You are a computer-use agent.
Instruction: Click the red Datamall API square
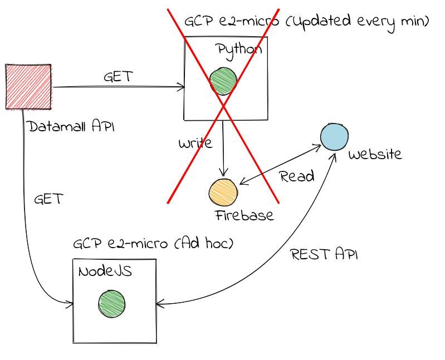point(28,86)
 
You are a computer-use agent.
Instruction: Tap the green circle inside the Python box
point(223,82)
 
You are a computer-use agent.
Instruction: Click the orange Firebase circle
point(223,191)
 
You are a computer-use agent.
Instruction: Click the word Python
point(239,50)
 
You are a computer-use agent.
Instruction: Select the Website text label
point(374,154)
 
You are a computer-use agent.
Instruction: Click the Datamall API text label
point(71,127)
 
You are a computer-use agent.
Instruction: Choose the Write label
point(195,144)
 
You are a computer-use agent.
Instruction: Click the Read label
point(297,177)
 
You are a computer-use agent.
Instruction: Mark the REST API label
point(324,255)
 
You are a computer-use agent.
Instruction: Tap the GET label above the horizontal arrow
point(118,76)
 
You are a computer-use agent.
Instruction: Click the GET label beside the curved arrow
point(48,199)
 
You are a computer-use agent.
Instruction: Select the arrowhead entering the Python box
point(182,86)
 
